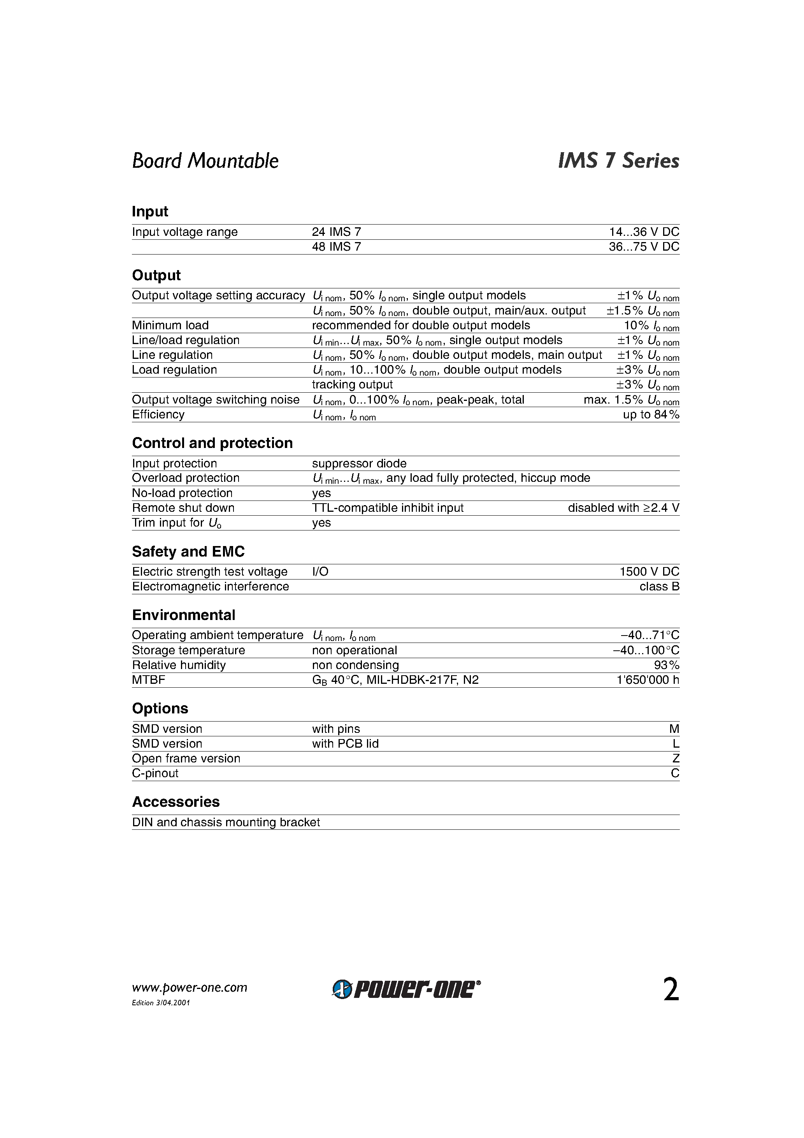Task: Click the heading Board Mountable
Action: [205, 161]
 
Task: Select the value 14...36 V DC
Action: [644, 232]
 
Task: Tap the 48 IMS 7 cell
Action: [336, 247]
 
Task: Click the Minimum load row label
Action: [170, 326]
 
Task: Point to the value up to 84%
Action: [651, 415]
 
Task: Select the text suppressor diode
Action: [359, 464]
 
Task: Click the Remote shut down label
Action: [183, 508]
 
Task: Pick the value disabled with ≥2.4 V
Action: [623, 508]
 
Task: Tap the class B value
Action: [659, 587]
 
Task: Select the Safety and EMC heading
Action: [188, 551]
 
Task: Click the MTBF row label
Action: [148, 680]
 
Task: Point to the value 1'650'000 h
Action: [647, 680]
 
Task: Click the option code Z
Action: [675, 759]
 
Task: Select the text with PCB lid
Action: [345, 744]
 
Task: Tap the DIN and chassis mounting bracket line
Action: [226, 822]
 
